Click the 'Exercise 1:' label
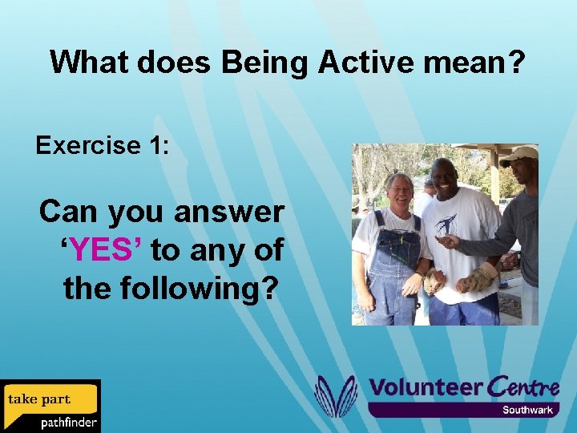(102, 145)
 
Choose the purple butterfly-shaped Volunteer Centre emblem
(336, 396)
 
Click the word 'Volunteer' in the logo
(425, 387)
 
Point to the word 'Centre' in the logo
(523, 387)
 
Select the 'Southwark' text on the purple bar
(527, 410)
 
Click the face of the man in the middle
(445, 180)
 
